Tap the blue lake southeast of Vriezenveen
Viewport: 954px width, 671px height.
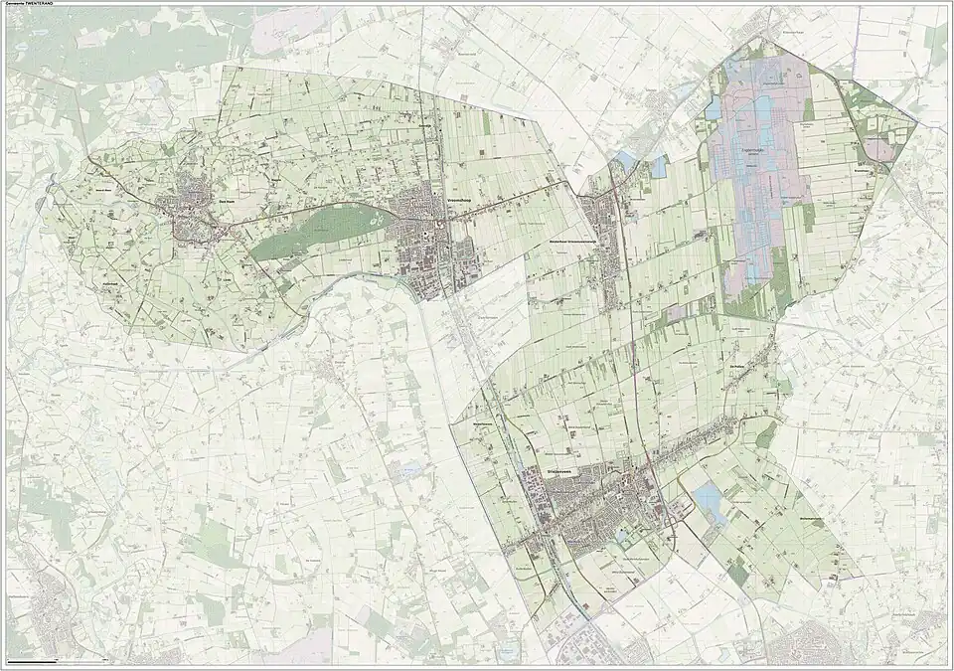pos(710,498)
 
